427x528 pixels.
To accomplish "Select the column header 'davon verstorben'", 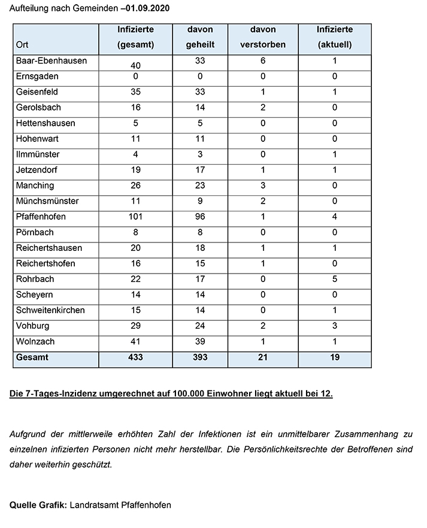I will tap(262, 37).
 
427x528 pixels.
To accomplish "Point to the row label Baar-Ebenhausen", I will tap(52, 61).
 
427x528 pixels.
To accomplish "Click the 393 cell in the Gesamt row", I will tap(200, 357).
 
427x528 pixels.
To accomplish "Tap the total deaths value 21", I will tap(262, 357).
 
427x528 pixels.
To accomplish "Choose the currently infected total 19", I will tap(335, 357).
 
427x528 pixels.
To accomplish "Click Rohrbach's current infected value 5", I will tap(335, 279).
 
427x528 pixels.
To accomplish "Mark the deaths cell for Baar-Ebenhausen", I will tap(262, 61).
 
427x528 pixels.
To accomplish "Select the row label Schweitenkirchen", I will tap(51, 310).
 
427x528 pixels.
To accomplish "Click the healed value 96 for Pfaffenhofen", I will tap(200, 217).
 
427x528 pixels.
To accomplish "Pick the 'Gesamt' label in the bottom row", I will tap(32, 357).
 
